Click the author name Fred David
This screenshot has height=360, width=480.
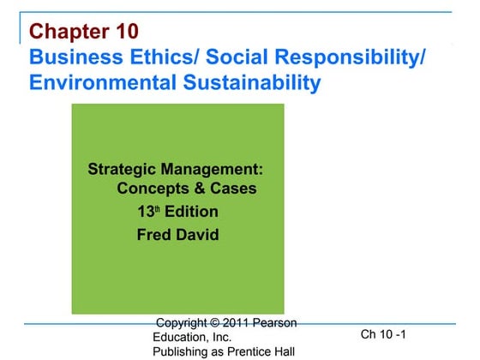pyautogui.click(x=177, y=235)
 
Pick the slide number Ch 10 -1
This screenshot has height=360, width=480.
pyautogui.click(x=383, y=333)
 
